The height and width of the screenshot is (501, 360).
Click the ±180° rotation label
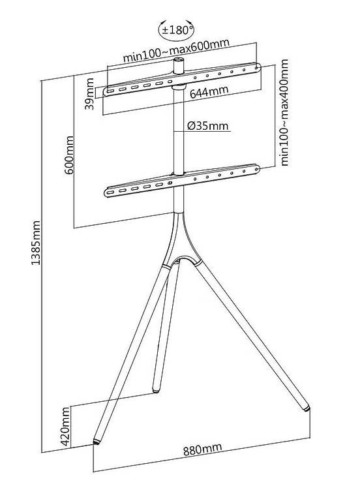click(177, 30)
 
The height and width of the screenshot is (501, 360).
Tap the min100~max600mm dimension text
click(176, 50)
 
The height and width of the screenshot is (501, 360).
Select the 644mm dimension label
click(209, 92)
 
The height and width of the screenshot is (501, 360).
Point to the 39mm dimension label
click(91, 94)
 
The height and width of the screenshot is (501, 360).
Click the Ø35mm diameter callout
click(208, 126)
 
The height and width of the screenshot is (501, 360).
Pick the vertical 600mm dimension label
click(69, 155)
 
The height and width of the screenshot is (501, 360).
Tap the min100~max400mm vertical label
click(284, 112)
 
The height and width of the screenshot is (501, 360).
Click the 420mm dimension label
click(65, 426)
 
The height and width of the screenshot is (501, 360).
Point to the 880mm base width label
click(202, 449)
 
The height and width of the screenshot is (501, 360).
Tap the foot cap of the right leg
click(307, 408)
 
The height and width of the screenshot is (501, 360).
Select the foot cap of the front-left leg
click(96, 441)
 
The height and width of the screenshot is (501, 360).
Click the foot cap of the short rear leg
click(156, 390)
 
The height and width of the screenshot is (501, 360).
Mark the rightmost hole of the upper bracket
click(256, 67)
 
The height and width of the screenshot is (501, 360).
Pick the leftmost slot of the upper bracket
click(110, 91)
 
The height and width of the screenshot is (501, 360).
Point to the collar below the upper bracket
click(179, 87)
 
